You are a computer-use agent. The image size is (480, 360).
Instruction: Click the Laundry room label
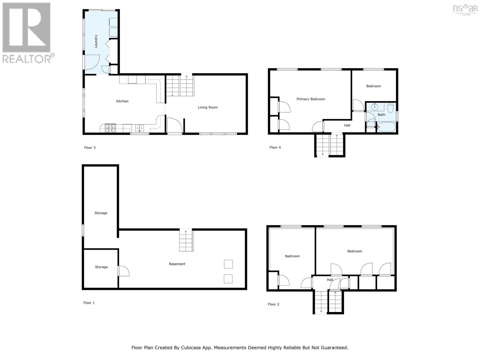click(96, 41)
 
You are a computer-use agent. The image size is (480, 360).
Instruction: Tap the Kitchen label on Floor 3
click(122, 101)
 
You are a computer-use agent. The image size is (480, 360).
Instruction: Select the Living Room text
click(208, 107)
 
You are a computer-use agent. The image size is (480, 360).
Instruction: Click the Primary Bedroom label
click(310, 99)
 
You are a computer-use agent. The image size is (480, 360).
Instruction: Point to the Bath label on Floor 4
click(381, 115)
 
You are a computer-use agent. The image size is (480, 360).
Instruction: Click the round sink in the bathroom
click(375, 106)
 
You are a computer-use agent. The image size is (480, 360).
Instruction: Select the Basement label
click(177, 264)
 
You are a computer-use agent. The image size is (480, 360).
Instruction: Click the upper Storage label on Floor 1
click(101, 213)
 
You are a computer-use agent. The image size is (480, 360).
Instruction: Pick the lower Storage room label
click(101, 267)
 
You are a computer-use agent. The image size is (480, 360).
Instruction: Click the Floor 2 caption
click(273, 304)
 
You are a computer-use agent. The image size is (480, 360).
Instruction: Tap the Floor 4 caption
click(275, 147)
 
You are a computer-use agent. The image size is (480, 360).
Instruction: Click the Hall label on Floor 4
click(347, 125)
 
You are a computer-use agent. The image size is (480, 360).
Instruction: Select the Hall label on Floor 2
click(330, 280)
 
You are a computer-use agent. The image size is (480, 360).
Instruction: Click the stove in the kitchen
click(110, 128)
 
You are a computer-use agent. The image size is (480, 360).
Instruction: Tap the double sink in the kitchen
click(139, 128)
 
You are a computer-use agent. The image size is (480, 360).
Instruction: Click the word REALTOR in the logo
click(27, 58)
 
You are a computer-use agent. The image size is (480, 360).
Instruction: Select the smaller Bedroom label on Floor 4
click(373, 86)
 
